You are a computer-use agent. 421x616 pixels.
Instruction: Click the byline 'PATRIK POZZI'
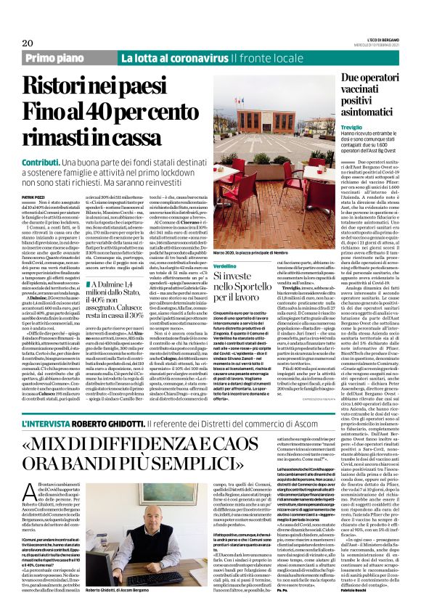pos(33,176)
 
